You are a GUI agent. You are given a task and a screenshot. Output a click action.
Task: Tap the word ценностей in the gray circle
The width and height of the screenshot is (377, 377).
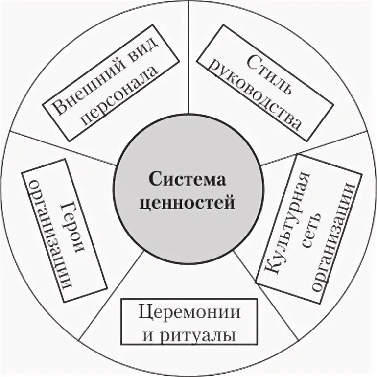(x=188, y=201)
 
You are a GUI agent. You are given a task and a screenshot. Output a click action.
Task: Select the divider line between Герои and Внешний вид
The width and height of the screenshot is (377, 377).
(x=64, y=147)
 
